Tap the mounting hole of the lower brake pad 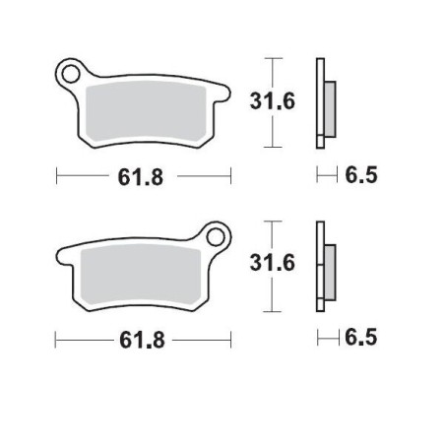(216, 235)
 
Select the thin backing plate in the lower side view (319, 264)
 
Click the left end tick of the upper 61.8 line (56, 178)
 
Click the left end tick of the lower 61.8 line (56, 340)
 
